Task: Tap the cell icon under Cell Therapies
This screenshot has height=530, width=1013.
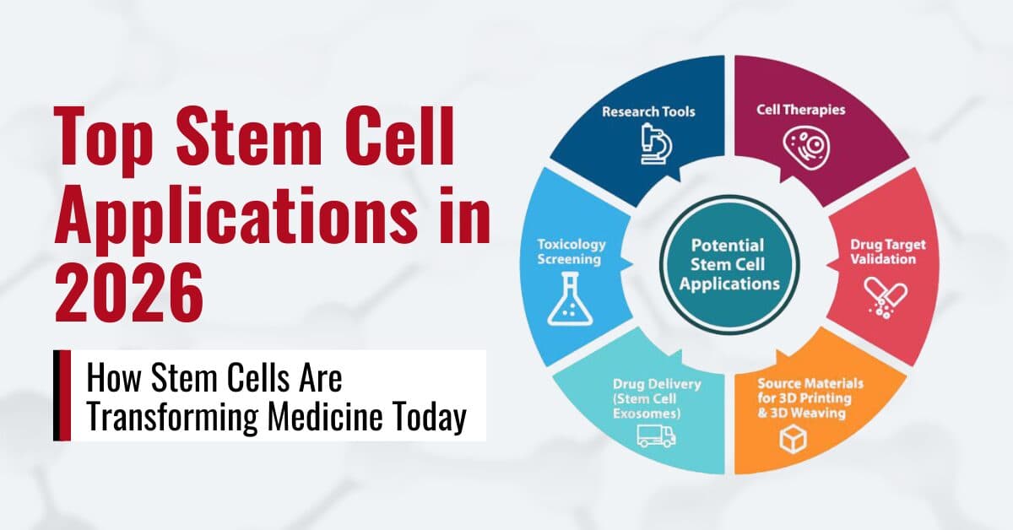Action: tap(802, 144)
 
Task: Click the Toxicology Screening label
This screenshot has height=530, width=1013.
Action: tap(572, 251)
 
